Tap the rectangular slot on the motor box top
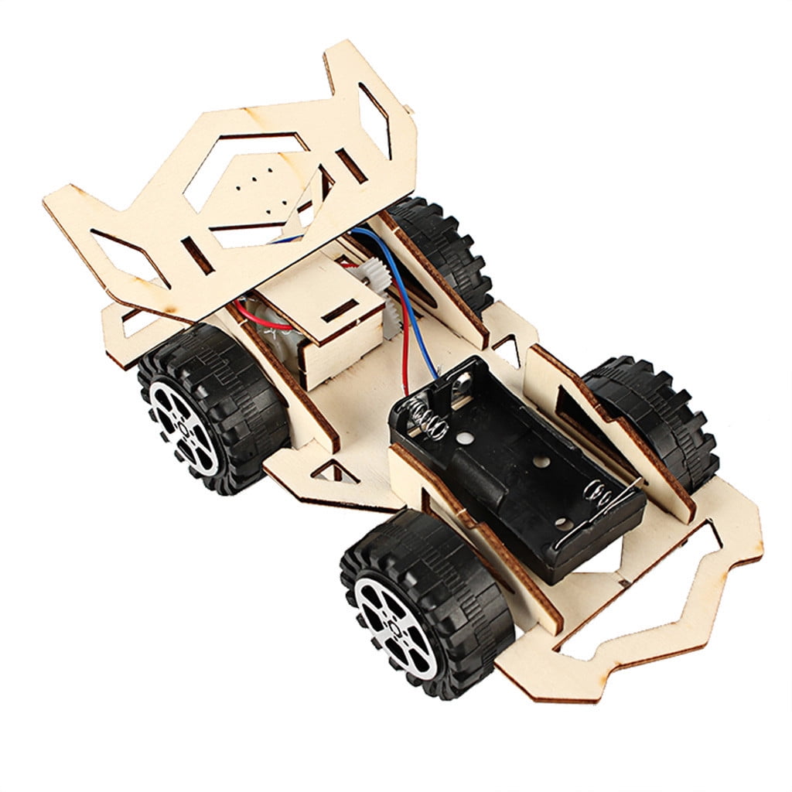[x=340, y=310]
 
